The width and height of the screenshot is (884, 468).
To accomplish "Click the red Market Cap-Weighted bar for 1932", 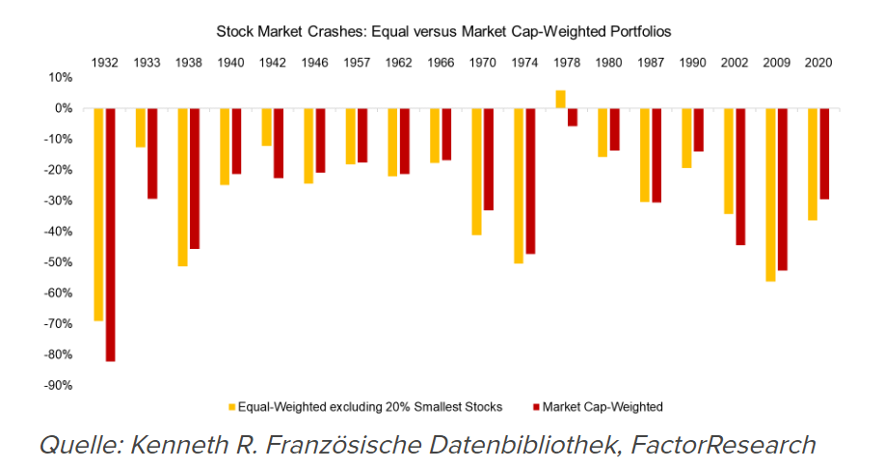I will tap(110, 234).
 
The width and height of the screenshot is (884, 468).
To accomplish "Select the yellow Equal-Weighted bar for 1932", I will tap(98, 214).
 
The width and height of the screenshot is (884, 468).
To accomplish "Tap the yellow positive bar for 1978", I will tap(560, 98).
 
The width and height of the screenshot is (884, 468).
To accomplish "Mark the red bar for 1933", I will tap(152, 153).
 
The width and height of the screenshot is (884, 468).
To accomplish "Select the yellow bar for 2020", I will tap(812, 164).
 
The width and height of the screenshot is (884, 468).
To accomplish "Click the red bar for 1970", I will tap(488, 159).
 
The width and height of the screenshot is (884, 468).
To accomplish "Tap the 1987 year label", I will tap(651, 61).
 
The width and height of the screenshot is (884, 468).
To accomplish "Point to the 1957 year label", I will tap(357, 61).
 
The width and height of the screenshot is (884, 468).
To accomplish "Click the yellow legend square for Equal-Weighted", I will tap(231, 407).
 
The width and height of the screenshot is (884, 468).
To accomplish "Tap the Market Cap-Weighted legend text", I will tap(603, 407).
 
